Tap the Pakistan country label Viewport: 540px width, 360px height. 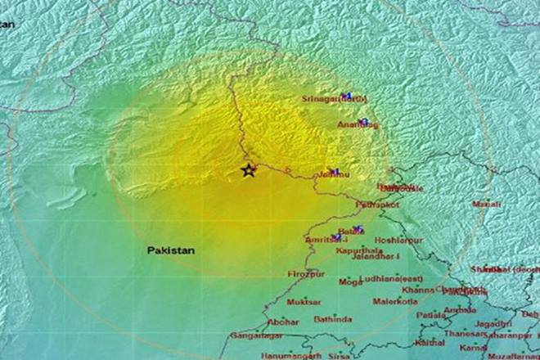coord(171,250)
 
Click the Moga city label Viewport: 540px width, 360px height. coord(350,282)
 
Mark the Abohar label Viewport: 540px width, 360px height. coord(282,321)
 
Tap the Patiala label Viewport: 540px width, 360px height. coord(430,314)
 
